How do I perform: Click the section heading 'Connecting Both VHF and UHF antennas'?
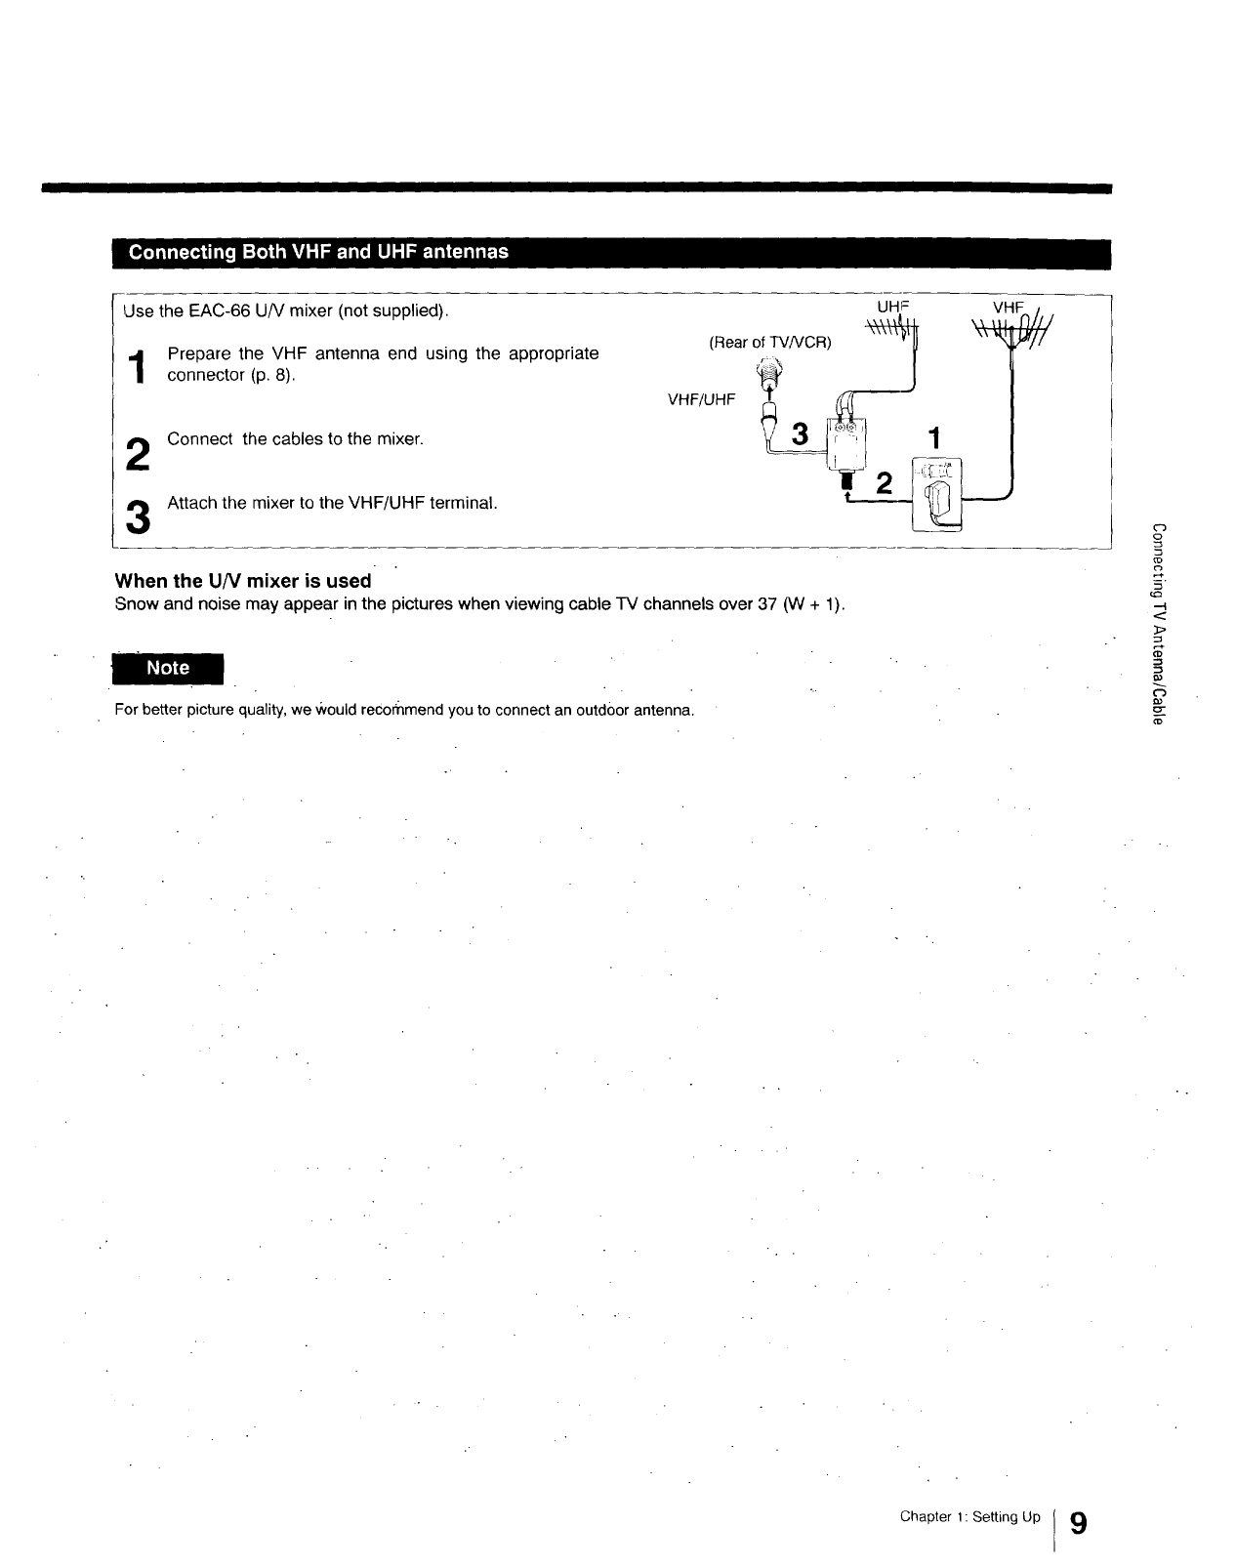318,252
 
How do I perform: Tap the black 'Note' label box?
167,668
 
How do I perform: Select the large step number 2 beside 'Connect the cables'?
139,453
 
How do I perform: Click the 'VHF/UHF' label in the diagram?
701,399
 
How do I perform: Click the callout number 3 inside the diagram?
801,434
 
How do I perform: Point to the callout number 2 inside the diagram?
884,482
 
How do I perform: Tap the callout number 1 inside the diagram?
934,438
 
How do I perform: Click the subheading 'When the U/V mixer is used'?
243,581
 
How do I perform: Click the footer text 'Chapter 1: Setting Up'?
970,1516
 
